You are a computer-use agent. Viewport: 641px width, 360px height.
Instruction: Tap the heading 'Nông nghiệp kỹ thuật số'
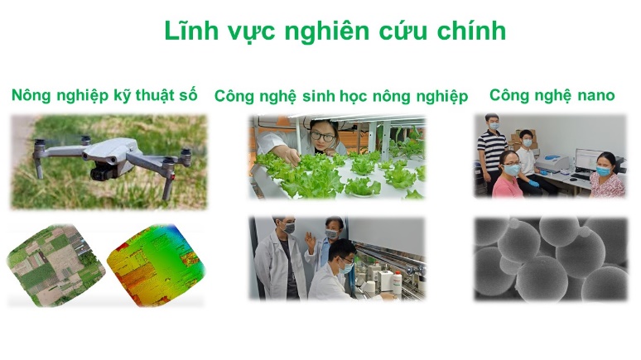104,95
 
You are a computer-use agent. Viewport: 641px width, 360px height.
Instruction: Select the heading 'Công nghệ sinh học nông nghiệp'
340,96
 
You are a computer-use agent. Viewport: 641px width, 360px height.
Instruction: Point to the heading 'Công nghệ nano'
552,95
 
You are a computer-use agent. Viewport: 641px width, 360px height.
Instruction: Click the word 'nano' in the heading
595,95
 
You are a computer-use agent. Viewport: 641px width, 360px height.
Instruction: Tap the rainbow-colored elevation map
154,263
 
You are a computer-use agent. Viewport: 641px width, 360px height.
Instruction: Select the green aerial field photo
55,263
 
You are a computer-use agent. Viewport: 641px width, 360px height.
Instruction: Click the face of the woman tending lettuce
321,132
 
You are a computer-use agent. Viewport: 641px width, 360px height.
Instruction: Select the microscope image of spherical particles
550,258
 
